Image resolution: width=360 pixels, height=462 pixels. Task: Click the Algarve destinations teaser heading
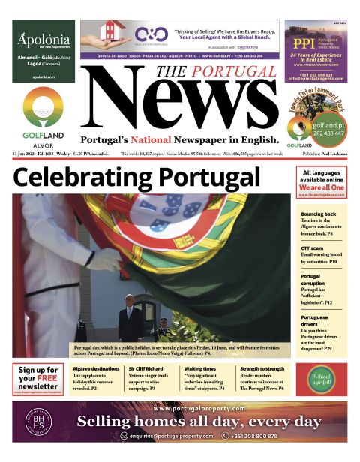[x=96, y=369]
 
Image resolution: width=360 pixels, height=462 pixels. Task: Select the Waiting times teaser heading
[x=200, y=369]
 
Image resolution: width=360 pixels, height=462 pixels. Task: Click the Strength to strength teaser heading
[x=262, y=369]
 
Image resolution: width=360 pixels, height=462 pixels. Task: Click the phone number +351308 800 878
[x=255, y=436]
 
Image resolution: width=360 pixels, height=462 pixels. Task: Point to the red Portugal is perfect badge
[x=321, y=378]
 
